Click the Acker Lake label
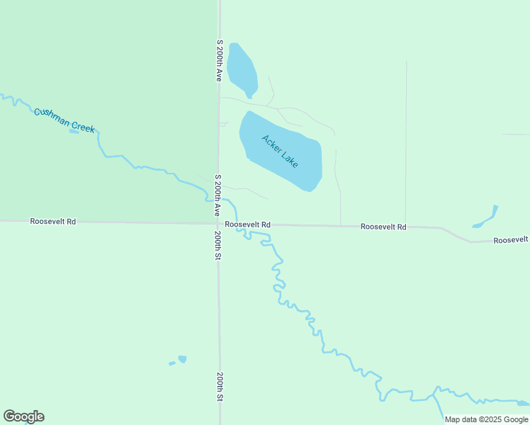[x=280, y=151]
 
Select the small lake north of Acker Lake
[x=242, y=69]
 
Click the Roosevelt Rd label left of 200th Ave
[x=53, y=222]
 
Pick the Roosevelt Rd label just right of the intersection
[x=248, y=225]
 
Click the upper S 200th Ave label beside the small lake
[x=220, y=62]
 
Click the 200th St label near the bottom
[x=220, y=387]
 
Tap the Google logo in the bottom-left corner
[x=24, y=416]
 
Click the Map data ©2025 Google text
[x=486, y=419]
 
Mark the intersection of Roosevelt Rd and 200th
[x=219, y=224]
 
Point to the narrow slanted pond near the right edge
[x=487, y=217]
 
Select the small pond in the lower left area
[x=181, y=360]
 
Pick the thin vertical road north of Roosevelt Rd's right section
[x=406, y=142]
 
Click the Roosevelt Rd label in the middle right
[x=383, y=227]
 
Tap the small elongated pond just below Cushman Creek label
[x=74, y=132]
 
